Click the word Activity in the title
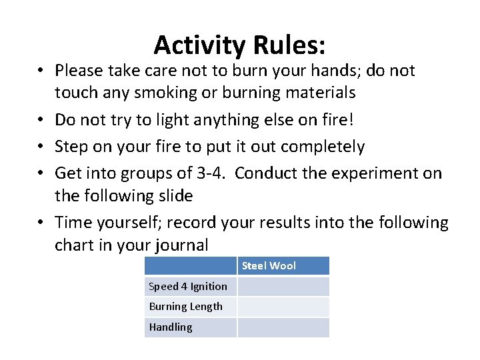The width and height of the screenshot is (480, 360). [200, 45]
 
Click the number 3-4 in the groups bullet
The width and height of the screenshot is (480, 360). [211, 173]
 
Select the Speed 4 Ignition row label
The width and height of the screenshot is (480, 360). [188, 287]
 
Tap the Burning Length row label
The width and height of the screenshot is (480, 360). [186, 307]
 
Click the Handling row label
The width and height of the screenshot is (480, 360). [171, 327]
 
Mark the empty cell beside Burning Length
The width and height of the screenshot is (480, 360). [283, 307]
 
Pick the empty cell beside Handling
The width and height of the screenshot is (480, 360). [283, 327]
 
